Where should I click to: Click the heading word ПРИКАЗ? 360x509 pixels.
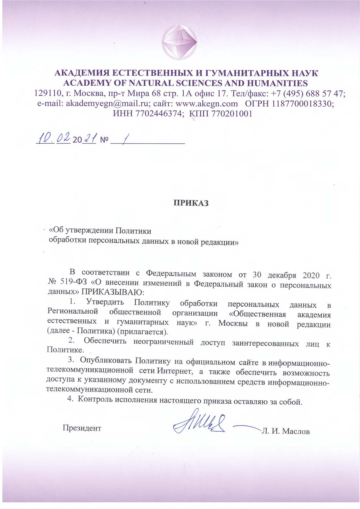pos(191,203)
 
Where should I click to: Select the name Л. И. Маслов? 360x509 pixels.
pos(286,431)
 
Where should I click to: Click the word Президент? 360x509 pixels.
pos(82,428)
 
